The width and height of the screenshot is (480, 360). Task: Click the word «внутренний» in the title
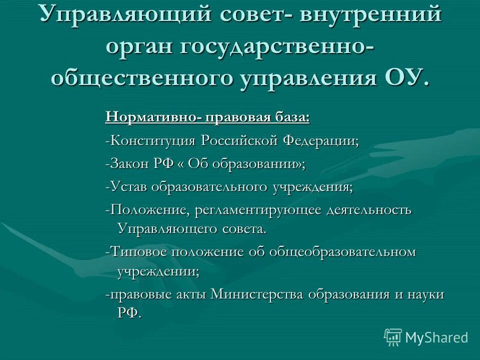point(370,14)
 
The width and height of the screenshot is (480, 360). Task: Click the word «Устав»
point(129,187)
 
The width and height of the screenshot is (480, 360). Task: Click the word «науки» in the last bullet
point(426,294)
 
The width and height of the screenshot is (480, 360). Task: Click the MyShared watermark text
point(436,337)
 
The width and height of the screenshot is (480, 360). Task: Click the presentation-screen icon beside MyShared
point(393,337)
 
